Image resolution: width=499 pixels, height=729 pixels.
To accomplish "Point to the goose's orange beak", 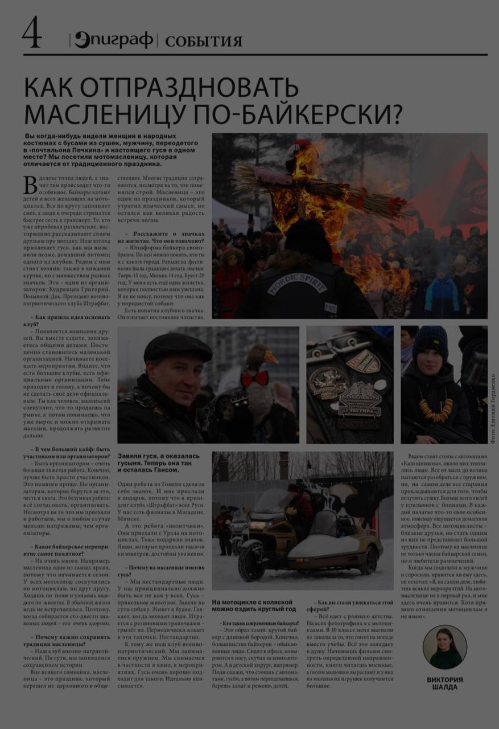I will (x=270, y=357).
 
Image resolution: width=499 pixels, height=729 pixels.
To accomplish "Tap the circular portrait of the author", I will (x=445, y=646).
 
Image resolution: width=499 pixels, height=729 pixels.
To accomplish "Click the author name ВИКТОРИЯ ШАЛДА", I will (x=445, y=683).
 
